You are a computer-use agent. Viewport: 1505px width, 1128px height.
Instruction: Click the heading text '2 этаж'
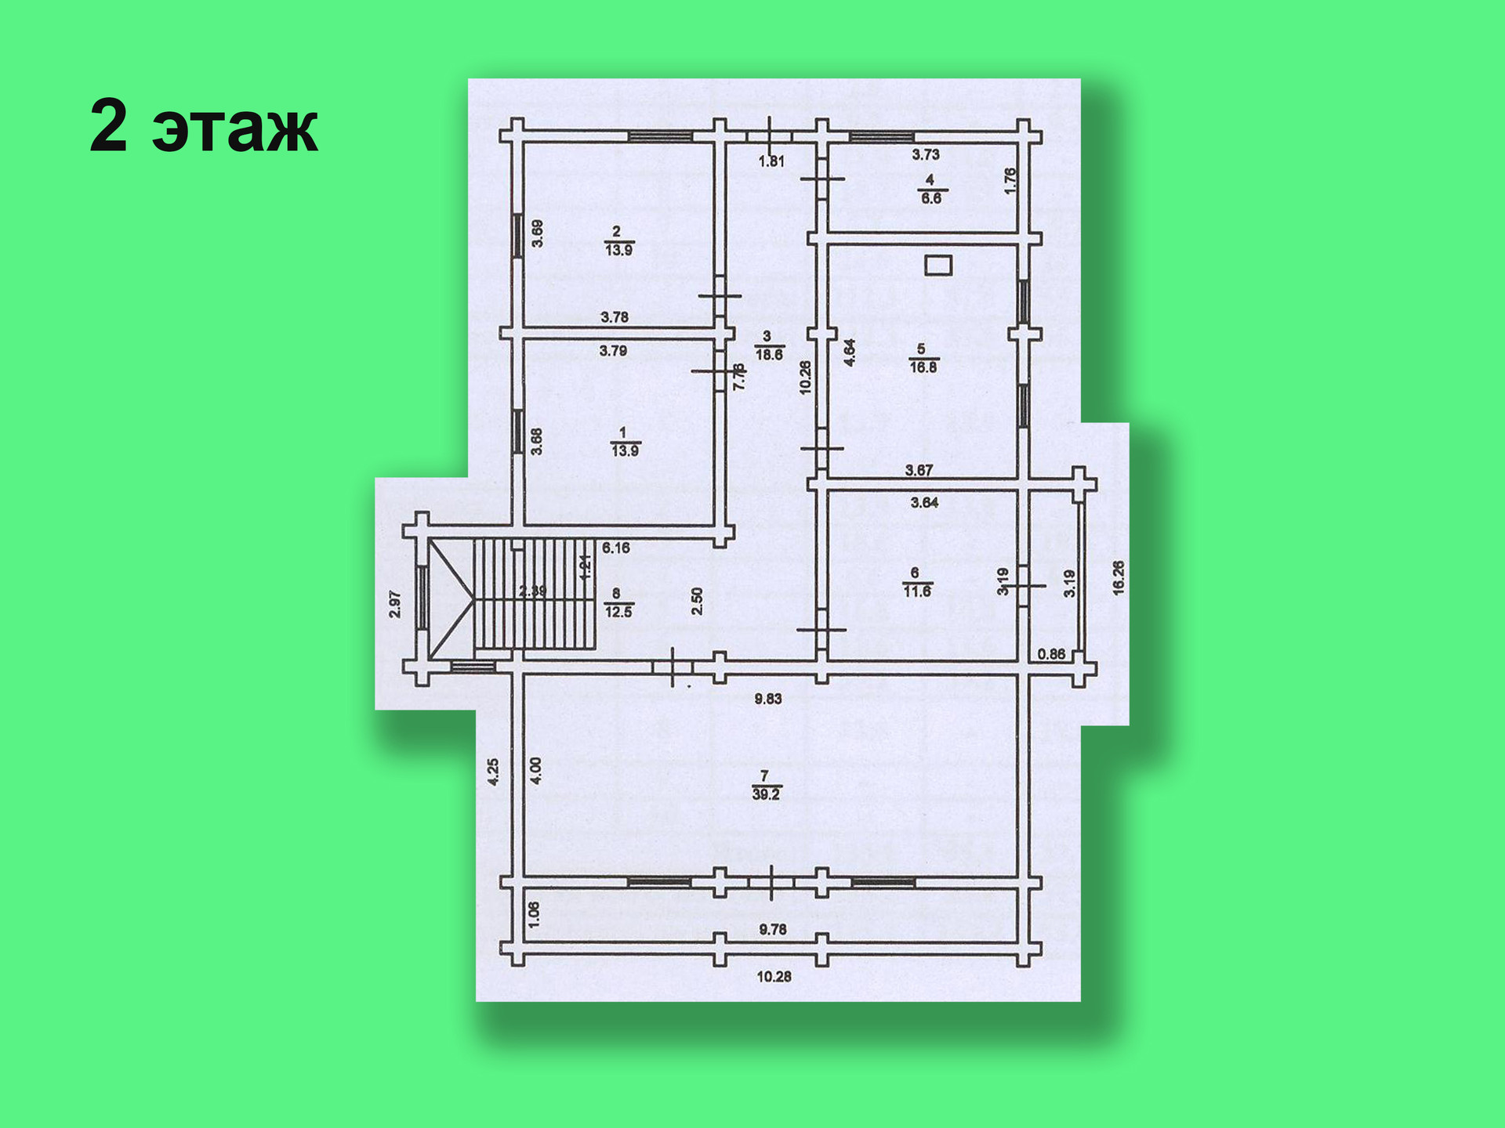pos(204,126)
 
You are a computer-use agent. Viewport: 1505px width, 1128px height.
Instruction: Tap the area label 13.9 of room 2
pos(618,250)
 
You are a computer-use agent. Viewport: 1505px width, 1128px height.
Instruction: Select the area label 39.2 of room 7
pos(766,794)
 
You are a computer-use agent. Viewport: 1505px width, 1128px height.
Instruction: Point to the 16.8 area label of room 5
pos(923,367)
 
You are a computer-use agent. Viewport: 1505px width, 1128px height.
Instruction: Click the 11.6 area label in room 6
pos(917,591)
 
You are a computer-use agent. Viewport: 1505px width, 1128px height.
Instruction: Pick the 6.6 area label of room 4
pos(931,198)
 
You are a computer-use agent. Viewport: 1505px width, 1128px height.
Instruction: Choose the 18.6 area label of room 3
pos(769,354)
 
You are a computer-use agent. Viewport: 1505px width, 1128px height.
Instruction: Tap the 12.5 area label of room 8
pos(618,612)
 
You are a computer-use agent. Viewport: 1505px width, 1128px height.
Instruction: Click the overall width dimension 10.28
pos(774,977)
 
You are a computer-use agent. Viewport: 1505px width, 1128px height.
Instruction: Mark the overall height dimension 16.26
pos(1119,578)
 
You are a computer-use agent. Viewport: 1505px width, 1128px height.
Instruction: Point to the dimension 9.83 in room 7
pos(768,699)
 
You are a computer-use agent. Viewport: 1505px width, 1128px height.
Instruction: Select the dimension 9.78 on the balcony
pos(773,930)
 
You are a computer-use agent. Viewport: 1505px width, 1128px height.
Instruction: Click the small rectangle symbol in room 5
pos(938,266)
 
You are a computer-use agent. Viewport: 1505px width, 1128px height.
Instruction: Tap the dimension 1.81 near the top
pos(771,161)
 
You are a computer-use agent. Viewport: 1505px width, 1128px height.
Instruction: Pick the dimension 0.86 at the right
pos(1051,654)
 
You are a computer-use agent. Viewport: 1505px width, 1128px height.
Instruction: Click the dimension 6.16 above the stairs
pos(616,548)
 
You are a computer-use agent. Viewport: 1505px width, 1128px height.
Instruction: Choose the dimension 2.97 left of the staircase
pos(395,604)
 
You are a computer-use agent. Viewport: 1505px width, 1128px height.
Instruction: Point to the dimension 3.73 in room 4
pos(926,155)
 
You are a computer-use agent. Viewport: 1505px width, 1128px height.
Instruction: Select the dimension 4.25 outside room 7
pos(493,772)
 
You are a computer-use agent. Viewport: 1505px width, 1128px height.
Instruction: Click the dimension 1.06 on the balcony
pos(534,914)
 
